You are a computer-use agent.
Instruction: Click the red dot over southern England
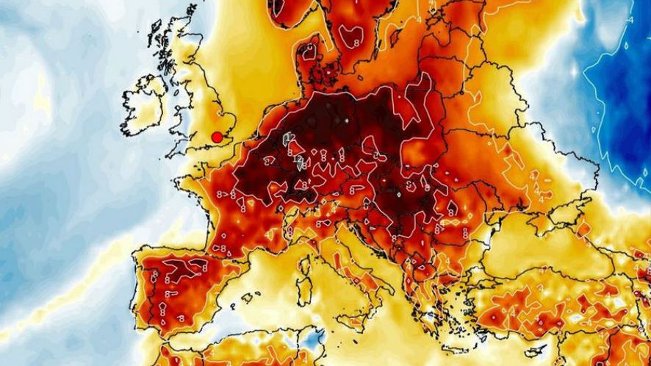[217, 137]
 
